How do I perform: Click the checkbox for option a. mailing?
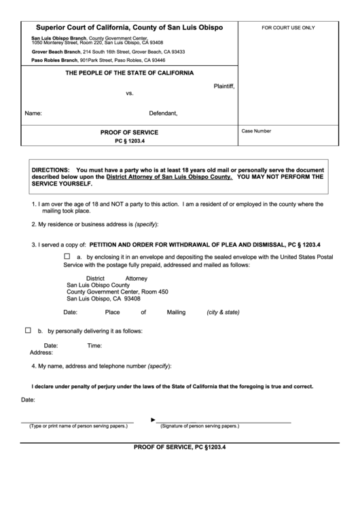(67, 257)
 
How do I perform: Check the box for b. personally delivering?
(28, 330)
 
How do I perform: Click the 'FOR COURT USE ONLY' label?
(288, 28)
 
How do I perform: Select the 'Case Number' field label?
(256, 130)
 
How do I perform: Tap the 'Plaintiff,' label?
(224, 86)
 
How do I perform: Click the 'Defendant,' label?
(163, 113)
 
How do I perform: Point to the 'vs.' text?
(130, 93)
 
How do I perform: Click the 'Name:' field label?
(34, 113)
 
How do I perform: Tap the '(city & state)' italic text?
(223, 313)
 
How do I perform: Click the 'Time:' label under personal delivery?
(94, 346)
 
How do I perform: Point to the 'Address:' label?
(41, 353)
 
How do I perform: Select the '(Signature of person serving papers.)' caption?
(199, 426)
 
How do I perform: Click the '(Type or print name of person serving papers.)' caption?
(77, 426)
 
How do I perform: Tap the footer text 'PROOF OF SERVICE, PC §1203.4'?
(179, 447)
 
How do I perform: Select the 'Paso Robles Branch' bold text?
(54, 60)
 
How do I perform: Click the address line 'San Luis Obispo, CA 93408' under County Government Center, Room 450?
(103, 298)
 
